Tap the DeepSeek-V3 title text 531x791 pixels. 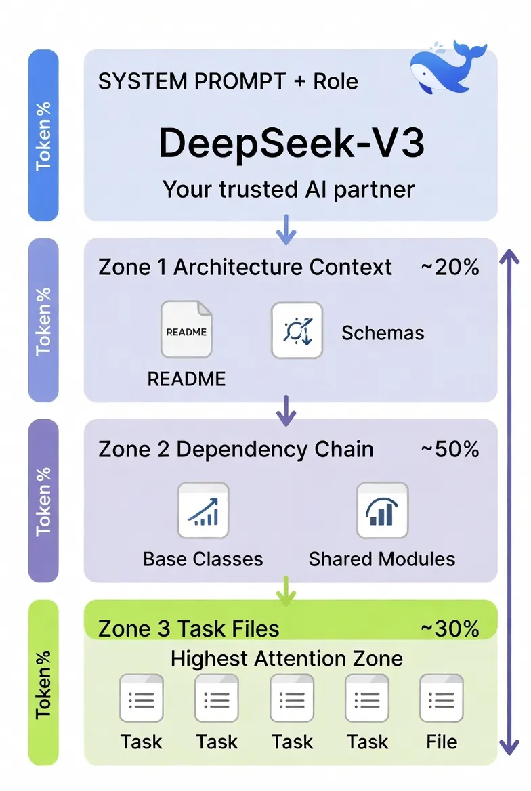(291, 143)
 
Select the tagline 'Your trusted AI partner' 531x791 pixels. (289, 188)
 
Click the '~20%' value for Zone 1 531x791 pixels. (450, 267)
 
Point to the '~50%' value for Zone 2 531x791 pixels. (450, 449)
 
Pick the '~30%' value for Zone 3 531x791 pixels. (450, 628)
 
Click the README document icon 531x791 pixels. (186, 330)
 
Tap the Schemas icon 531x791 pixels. (297, 330)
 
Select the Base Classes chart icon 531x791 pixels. (203, 510)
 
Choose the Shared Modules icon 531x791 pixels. (382, 510)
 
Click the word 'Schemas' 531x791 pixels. (383, 333)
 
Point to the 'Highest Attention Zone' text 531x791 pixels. (286, 658)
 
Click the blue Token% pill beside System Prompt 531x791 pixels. (43, 135)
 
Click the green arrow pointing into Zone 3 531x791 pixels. (286, 591)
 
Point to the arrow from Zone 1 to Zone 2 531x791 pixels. (286, 410)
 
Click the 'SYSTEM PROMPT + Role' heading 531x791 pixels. (228, 82)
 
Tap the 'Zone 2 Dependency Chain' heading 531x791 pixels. (236, 449)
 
